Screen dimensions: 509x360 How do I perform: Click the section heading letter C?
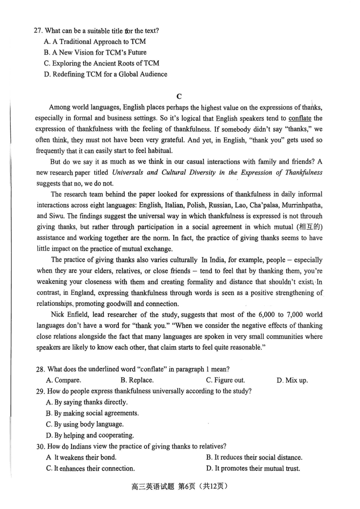click(179, 96)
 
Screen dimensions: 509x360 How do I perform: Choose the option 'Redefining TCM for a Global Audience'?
click(105, 74)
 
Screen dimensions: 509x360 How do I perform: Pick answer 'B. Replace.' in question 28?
click(137, 380)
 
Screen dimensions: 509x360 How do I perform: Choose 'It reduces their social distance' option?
click(254, 457)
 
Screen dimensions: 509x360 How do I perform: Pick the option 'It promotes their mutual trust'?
click(253, 469)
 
